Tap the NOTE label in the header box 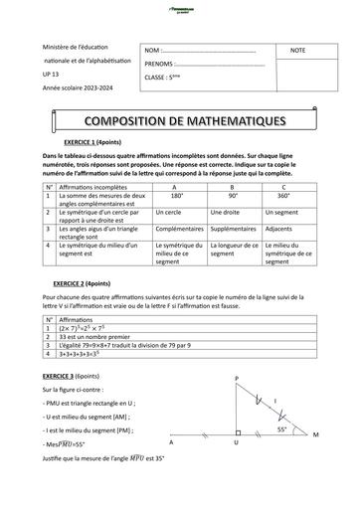298,50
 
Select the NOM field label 152,50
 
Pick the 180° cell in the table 177,196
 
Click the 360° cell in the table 283,196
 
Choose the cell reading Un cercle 170,213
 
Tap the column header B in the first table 232,187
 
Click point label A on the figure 171,442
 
